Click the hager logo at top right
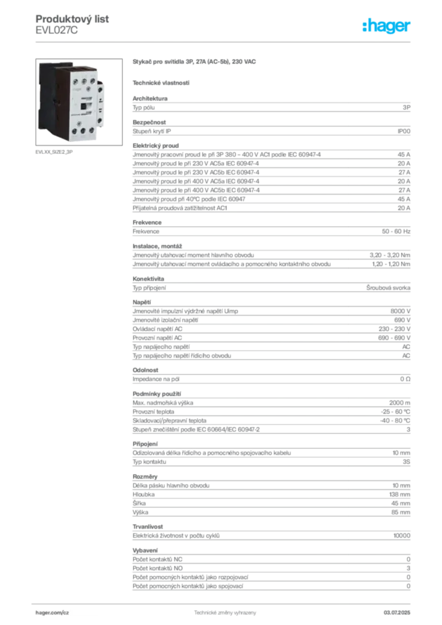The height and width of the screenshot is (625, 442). [x=386, y=26]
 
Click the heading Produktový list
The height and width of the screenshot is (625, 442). [x=72, y=19]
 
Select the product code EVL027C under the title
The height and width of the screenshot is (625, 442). [x=57, y=31]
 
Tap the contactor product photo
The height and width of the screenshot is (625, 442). [x=79, y=102]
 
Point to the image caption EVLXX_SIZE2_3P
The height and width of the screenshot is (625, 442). [x=54, y=152]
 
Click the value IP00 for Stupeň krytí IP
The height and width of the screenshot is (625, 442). [x=404, y=131]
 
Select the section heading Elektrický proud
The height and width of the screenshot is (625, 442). [x=156, y=145]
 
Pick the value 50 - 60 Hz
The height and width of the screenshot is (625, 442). [x=396, y=231]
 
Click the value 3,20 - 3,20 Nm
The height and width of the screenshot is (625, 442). [x=389, y=255]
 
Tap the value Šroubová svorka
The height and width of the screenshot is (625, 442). [x=388, y=288]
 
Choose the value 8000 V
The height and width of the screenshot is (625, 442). [x=400, y=311]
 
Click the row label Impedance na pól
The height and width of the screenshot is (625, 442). [x=156, y=379]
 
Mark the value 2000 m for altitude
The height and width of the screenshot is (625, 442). [x=400, y=403]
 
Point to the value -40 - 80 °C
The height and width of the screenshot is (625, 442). [x=395, y=421]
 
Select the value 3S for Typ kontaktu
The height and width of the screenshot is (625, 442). [x=406, y=461]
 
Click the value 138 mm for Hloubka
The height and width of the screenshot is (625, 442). [x=400, y=494]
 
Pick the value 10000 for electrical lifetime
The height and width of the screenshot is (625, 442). [x=402, y=536]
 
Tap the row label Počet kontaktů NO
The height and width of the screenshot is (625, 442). [x=158, y=568]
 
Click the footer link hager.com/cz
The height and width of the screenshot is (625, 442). [x=53, y=613]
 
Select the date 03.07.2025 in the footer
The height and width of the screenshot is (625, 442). [x=397, y=613]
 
